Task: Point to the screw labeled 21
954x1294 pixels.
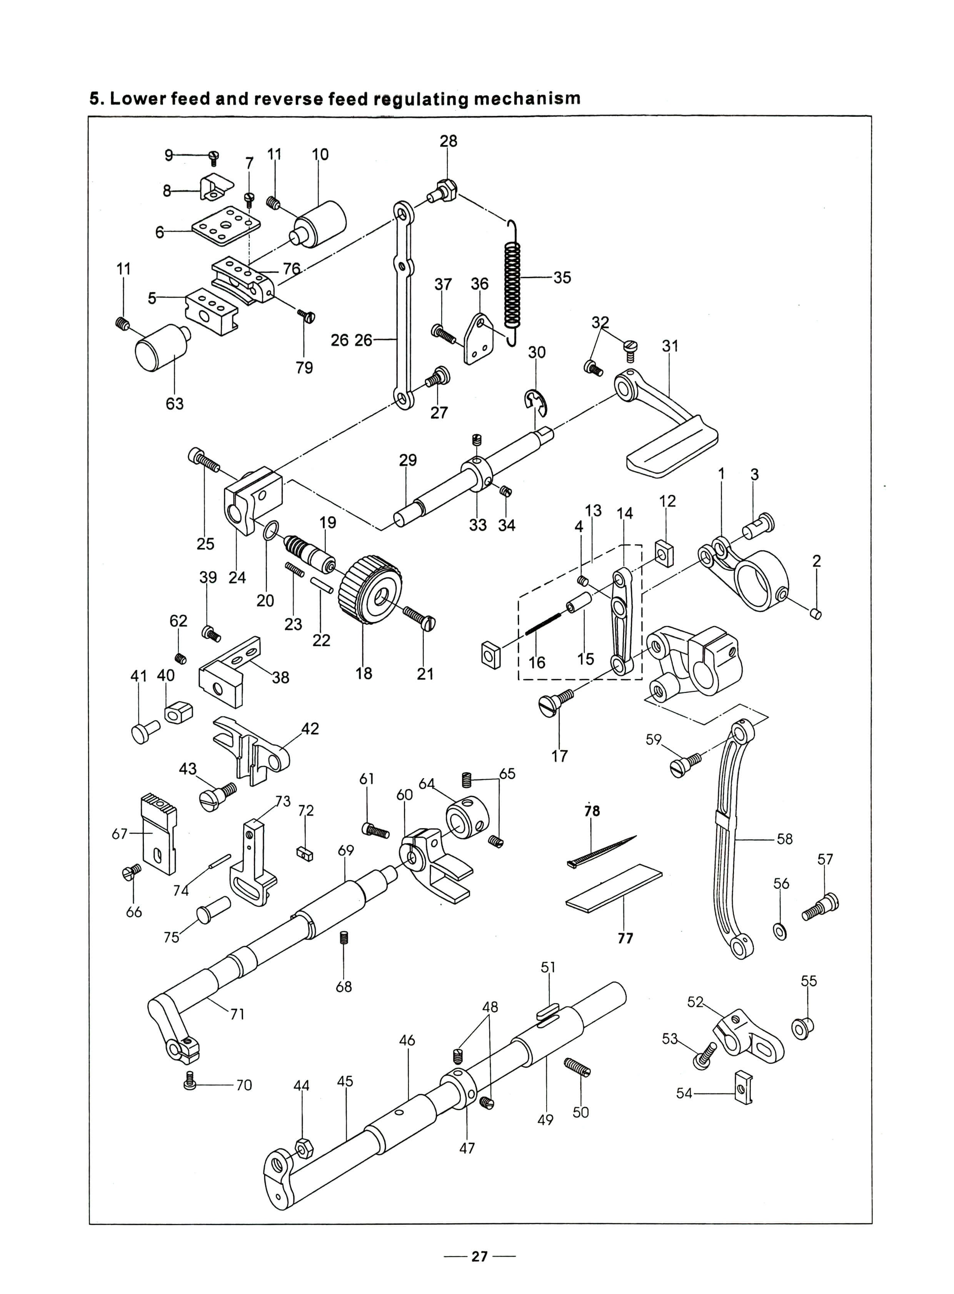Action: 419,618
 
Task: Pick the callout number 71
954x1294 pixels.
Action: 237,1014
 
